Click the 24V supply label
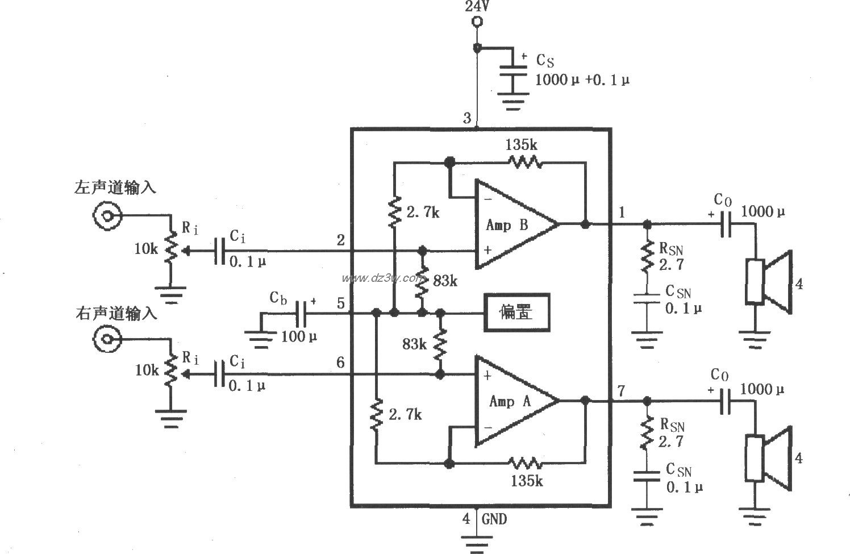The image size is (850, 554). click(x=477, y=7)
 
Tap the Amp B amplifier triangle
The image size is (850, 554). click(x=511, y=224)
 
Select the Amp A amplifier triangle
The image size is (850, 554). click(x=511, y=401)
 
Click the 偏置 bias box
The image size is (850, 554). click(x=516, y=312)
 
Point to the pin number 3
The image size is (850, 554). click(x=467, y=118)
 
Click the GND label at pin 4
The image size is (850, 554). click(x=494, y=519)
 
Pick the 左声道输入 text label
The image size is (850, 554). click(x=115, y=188)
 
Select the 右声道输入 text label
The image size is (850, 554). click(x=115, y=313)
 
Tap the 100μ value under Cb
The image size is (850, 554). click(x=299, y=337)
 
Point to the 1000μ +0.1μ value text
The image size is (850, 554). click(x=582, y=80)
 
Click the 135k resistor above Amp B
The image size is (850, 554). click(x=525, y=163)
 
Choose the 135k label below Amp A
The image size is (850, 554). click(x=526, y=481)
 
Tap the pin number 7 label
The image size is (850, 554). click(x=621, y=390)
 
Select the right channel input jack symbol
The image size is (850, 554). click(x=107, y=339)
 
